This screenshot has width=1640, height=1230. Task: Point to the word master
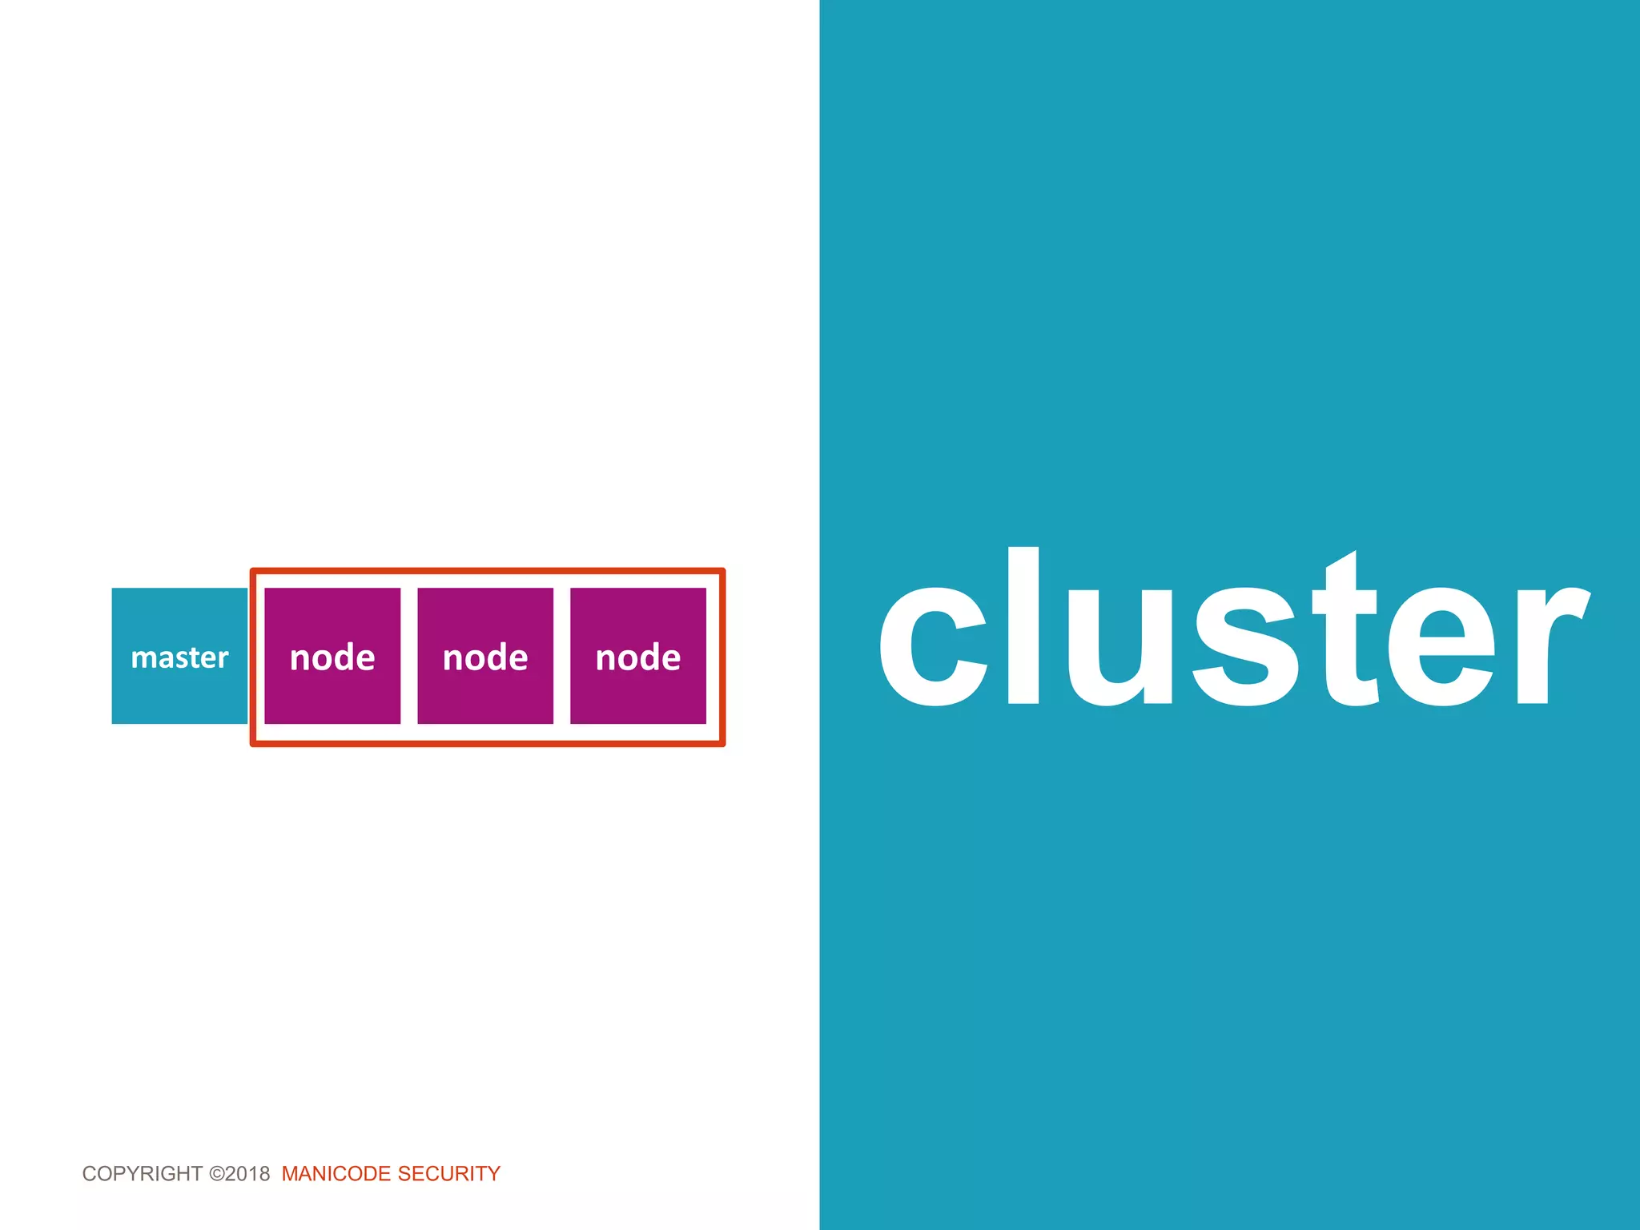click(x=179, y=657)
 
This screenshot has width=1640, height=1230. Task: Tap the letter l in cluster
click(x=1023, y=625)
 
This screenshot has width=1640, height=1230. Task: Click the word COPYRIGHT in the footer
click(x=142, y=1174)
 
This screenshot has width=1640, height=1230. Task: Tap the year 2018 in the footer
click(x=247, y=1174)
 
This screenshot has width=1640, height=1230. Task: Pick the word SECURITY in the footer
click(x=449, y=1174)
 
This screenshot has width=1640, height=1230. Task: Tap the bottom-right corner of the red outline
click(x=722, y=744)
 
